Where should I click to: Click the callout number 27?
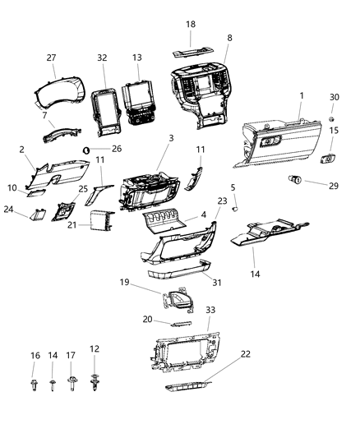(51, 58)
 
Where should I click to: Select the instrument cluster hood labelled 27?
(55, 90)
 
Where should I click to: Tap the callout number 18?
(191, 25)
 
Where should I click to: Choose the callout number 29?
(333, 187)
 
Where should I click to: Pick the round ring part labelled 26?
(86, 150)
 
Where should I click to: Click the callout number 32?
(102, 58)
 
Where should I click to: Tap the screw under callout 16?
(35, 383)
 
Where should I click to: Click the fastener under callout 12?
(95, 382)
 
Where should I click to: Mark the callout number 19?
(123, 281)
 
